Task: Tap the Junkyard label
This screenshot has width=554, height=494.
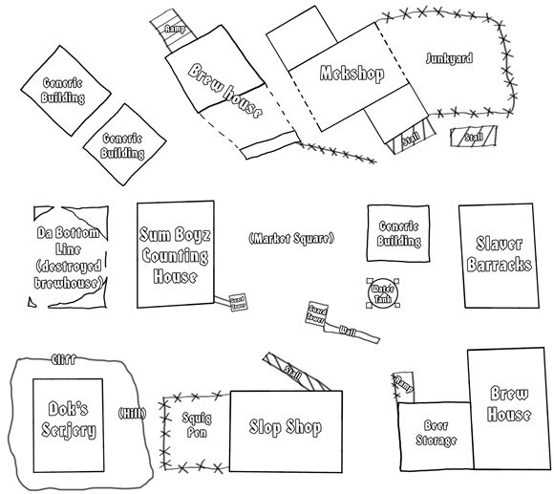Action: [x=448, y=58]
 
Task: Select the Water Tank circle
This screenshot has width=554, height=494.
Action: [x=382, y=292]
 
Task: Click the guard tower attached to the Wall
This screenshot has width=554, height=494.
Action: [x=319, y=313]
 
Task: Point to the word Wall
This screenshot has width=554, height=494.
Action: [x=348, y=330]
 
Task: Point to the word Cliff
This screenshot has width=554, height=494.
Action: [x=62, y=360]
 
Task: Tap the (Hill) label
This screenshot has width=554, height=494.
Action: [x=130, y=414]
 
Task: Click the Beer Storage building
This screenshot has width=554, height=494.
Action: [x=435, y=435]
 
